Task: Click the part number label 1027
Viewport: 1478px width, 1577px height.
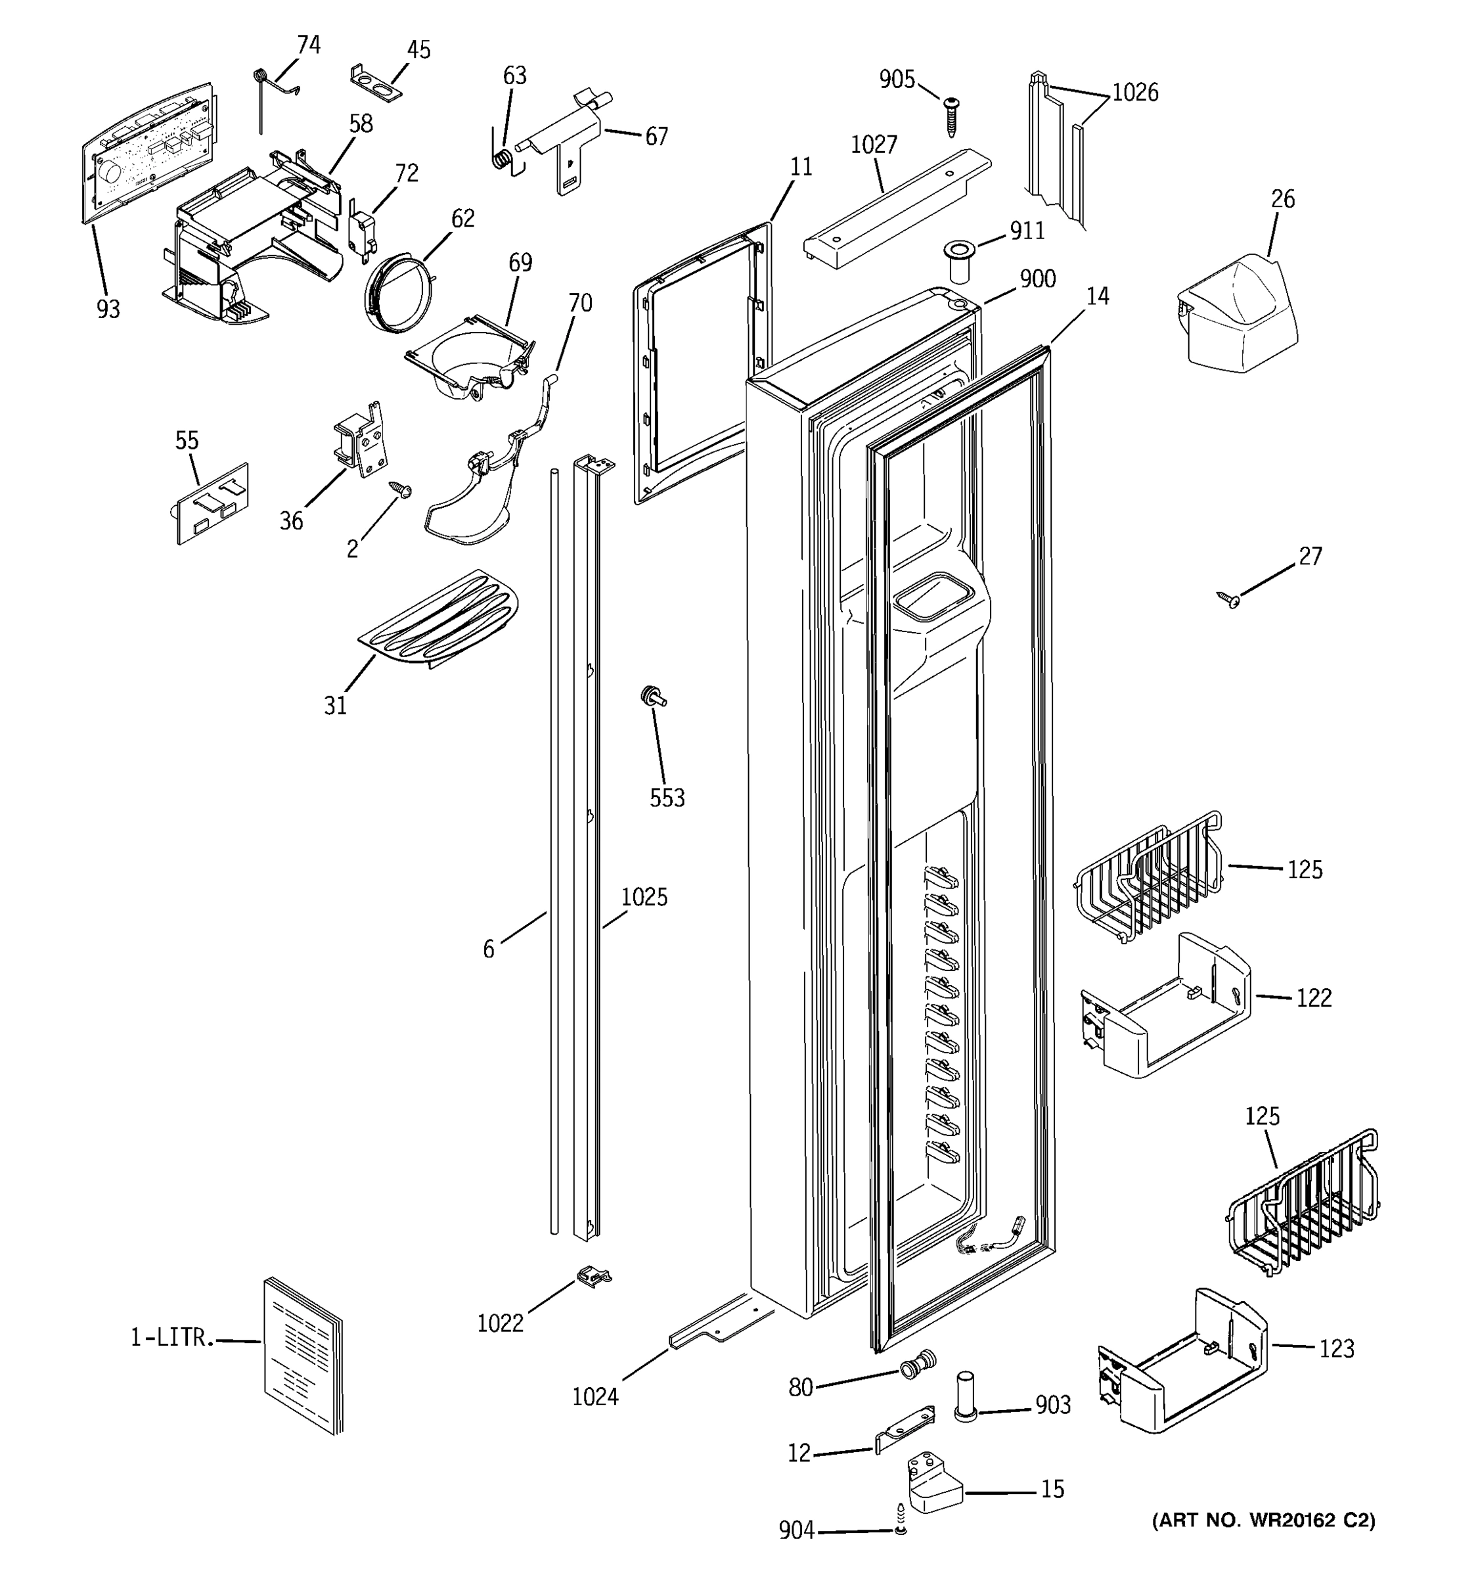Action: pyautogui.click(x=874, y=145)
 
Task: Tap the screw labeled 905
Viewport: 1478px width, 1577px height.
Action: pyautogui.click(x=951, y=116)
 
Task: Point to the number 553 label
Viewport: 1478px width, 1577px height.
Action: pyautogui.click(x=667, y=798)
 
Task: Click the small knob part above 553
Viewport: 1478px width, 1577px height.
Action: pyautogui.click(x=652, y=697)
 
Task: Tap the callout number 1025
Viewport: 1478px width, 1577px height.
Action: pyautogui.click(x=644, y=897)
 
